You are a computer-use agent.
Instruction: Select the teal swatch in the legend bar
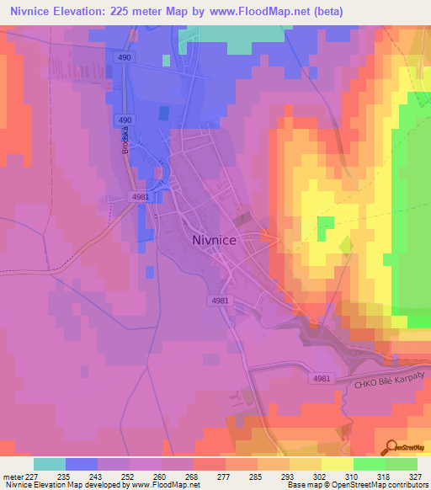click(50, 463)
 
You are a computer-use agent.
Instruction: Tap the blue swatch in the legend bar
click(82, 463)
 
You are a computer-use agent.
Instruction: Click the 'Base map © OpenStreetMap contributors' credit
click(357, 485)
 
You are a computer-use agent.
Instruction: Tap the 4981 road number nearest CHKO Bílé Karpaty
click(322, 379)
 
